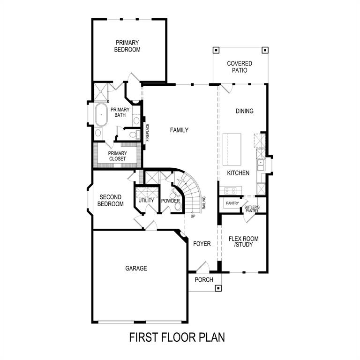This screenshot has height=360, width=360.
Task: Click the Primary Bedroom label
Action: click(x=127, y=46)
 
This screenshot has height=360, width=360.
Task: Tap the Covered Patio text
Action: click(x=239, y=67)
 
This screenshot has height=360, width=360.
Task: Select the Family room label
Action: click(x=179, y=130)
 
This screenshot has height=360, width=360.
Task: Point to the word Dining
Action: click(x=244, y=111)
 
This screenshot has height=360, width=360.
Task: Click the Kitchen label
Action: click(x=238, y=173)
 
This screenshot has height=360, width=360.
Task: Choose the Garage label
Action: click(x=136, y=269)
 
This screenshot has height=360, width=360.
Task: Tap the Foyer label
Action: click(x=202, y=244)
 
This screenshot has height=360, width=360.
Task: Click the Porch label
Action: click(x=204, y=280)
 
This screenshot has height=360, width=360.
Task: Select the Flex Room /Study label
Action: click(x=243, y=241)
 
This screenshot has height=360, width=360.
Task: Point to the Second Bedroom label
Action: click(x=111, y=201)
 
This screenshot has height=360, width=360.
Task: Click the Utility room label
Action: click(x=146, y=201)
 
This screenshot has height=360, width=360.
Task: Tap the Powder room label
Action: click(x=171, y=201)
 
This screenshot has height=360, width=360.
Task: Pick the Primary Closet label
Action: click(x=117, y=156)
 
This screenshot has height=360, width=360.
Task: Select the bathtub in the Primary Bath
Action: click(x=101, y=115)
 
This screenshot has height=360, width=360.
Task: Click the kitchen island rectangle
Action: click(x=232, y=149)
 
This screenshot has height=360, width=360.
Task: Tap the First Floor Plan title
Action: click(x=177, y=337)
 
